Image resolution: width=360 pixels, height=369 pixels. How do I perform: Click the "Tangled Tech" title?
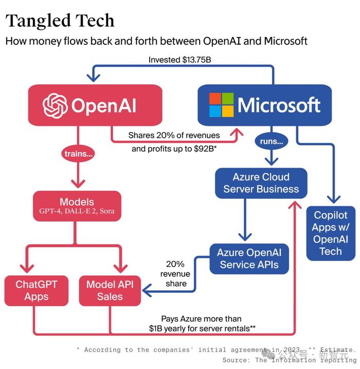coord(60,21)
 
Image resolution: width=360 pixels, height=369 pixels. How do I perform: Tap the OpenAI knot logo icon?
coord(55,105)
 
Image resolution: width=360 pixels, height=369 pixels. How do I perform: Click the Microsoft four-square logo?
coord(221,105)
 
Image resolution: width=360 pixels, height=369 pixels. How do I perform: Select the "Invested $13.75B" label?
coord(179,60)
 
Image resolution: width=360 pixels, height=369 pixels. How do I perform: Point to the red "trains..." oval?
coord(78,154)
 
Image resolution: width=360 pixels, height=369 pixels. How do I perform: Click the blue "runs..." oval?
coord(272,141)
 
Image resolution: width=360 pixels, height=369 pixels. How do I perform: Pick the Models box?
coord(77,206)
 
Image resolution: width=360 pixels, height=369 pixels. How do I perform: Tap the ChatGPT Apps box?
coord(37,291)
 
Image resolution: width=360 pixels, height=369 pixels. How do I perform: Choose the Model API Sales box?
coord(110,291)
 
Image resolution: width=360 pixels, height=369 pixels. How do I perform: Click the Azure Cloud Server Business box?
coord(261,183)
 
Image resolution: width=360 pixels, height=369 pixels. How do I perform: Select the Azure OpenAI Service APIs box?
coord(249,259)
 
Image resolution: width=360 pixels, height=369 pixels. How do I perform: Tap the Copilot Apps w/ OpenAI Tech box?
coord(331,233)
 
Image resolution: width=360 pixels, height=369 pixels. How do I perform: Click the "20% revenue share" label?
coord(175,274)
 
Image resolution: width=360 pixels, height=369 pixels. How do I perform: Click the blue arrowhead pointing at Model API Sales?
coord(147,290)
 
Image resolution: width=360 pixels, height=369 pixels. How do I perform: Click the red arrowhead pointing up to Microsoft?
coord(237,132)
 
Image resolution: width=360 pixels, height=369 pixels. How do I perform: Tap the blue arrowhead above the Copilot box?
coord(334,199)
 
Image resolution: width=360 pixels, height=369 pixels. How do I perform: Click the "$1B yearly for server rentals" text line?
coord(202,328)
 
